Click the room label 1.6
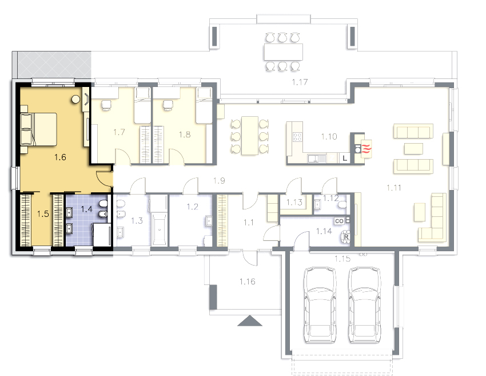pos(60,157)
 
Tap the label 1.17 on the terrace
pos(300,82)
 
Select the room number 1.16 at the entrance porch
pos(248,282)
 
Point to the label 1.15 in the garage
pos(342,259)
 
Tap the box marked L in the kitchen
pos(345,158)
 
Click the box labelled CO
pos(340,221)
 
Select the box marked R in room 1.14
pos(346,238)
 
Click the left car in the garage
pos(320,305)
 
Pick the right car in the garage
pos(365,305)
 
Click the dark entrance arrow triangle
pos(250,321)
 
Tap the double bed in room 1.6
pos(39,129)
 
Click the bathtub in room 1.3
pos(160,229)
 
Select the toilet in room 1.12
pos(342,205)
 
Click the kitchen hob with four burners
pos(297,137)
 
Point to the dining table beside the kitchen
pos(250,136)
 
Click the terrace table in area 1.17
pos(283,52)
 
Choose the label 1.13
pos(294,202)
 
